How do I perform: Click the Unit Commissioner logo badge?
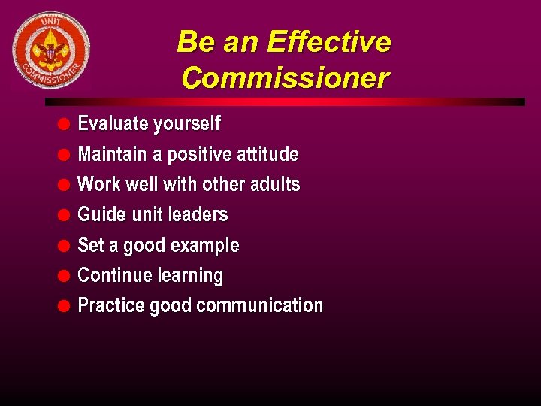click(50, 50)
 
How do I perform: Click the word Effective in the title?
click(328, 42)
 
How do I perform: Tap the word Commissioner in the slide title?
click(285, 77)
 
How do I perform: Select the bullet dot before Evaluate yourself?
click(65, 124)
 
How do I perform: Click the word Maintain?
click(112, 154)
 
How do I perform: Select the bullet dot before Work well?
click(65, 185)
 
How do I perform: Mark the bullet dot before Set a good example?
click(65, 246)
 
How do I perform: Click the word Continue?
click(111, 275)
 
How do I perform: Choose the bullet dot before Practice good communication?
click(65, 306)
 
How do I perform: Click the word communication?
click(258, 305)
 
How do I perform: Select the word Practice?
click(111, 305)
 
